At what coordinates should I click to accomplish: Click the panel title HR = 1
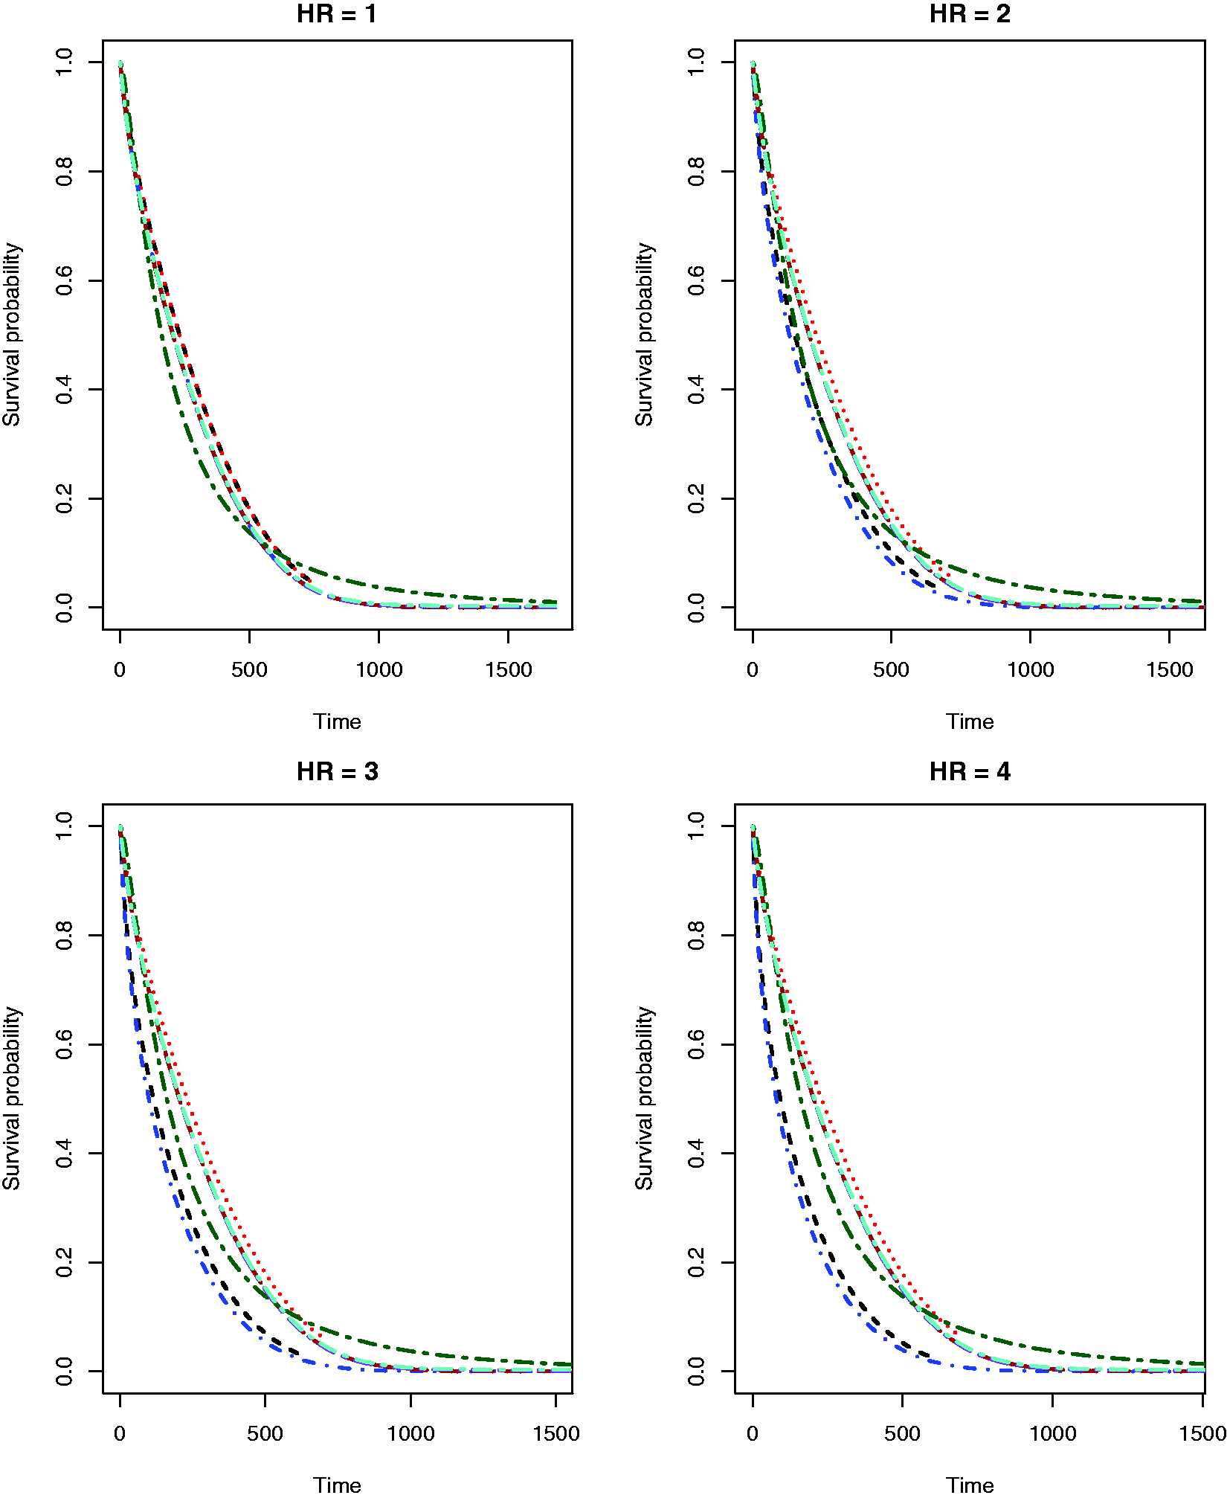click(x=337, y=13)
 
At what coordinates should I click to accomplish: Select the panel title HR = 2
click(x=970, y=13)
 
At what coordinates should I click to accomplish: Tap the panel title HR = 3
click(x=338, y=771)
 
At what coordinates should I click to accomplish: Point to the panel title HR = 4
click(x=970, y=771)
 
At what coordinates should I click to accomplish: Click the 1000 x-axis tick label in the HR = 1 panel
click(x=379, y=669)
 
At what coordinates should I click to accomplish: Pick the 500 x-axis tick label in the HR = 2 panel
click(x=891, y=669)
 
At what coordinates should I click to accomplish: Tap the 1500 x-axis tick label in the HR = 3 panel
click(x=556, y=1433)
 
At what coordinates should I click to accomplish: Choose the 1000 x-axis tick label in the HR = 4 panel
click(x=1052, y=1433)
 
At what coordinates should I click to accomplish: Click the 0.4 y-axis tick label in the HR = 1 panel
click(x=65, y=389)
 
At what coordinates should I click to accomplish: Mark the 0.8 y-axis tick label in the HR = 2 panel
click(x=697, y=171)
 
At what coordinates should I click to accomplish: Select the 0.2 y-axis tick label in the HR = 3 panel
click(x=65, y=1262)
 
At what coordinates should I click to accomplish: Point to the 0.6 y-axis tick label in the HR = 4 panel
click(x=697, y=1044)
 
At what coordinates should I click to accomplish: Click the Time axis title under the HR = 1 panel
click(x=337, y=721)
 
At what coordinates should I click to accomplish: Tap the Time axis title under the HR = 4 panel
click(x=970, y=1485)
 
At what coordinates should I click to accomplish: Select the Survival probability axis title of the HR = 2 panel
click(x=644, y=335)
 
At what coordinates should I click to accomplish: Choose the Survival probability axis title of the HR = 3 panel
click(x=12, y=1099)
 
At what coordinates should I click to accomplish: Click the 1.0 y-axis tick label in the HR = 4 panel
click(x=697, y=826)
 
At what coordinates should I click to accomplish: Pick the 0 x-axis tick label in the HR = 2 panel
click(x=753, y=669)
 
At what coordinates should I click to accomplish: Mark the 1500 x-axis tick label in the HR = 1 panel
click(x=509, y=669)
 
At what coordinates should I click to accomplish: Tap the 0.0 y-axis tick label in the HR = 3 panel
click(x=65, y=1371)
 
